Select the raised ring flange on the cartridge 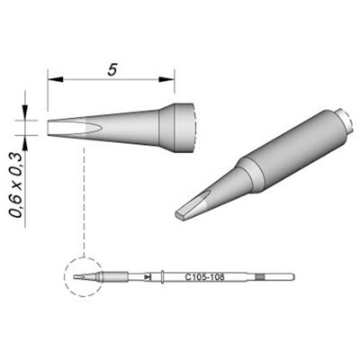[161, 277]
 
